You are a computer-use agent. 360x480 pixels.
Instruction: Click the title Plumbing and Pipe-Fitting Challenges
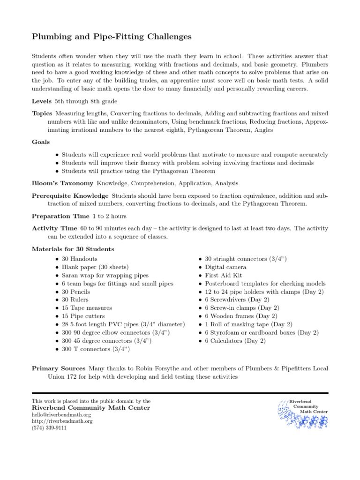112,36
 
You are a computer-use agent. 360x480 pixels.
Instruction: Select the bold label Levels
42,101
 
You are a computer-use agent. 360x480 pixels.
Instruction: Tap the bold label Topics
42,113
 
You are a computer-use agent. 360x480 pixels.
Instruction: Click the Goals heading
41,142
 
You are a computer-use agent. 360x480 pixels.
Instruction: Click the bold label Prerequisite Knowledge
70,195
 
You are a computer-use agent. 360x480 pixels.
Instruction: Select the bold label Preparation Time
60,216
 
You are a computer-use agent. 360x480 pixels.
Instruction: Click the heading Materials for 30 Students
73,249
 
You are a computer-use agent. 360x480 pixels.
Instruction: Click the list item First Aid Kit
223,276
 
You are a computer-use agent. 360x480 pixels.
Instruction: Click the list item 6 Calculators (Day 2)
235,341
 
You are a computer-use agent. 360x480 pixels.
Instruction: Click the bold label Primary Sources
59,368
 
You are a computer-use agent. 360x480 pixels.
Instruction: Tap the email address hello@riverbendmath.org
61,415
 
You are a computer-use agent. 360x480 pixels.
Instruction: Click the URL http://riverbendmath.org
62,421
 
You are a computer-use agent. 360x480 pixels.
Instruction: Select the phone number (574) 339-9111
49,427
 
